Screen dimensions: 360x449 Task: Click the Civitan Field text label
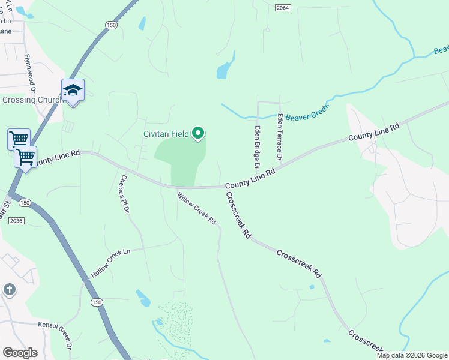(166, 134)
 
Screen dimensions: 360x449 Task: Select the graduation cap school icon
(73, 91)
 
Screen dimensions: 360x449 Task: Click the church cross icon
(9, 290)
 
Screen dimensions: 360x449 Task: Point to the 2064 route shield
(283, 7)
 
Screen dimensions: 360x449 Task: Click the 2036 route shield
(17, 221)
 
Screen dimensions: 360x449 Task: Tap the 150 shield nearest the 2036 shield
(23, 203)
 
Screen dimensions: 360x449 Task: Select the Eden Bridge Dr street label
(256, 146)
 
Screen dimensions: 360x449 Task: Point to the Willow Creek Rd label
(196, 208)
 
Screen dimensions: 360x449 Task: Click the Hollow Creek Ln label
(110, 263)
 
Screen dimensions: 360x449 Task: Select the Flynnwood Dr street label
(31, 73)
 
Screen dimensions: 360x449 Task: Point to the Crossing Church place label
(32, 100)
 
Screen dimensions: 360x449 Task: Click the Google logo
(20, 353)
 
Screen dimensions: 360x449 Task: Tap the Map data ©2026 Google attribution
(412, 355)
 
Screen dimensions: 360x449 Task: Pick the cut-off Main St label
(6, 210)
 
